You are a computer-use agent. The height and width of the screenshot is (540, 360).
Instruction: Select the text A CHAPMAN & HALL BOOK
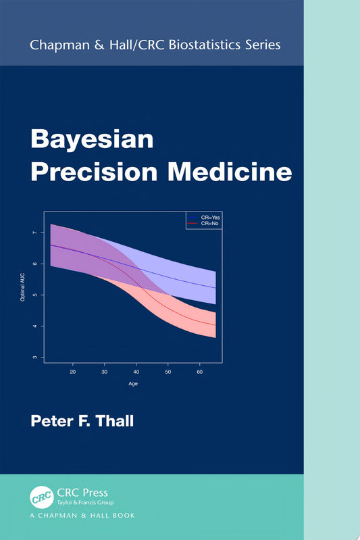(82, 516)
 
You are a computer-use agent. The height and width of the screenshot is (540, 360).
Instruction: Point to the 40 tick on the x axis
(136, 372)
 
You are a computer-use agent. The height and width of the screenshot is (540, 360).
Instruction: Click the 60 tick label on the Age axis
(199, 372)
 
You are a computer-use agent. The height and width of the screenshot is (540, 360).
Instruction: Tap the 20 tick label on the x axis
(72, 372)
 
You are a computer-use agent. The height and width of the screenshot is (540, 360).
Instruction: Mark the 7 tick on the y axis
(35, 233)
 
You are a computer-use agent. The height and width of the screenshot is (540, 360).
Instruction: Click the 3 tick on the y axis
(35, 357)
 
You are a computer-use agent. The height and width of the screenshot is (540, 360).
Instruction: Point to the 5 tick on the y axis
(35, 295)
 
